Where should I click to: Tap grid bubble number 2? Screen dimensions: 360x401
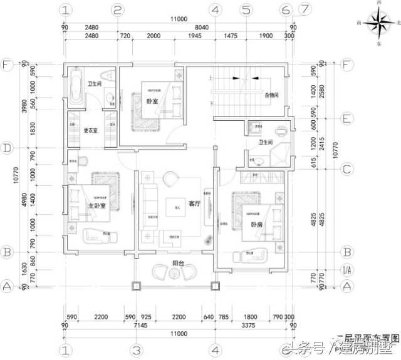click(x=117, y=10)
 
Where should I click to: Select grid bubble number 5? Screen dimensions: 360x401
click(x=246, y=10)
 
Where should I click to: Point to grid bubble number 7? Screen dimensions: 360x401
click(x=305, y=10)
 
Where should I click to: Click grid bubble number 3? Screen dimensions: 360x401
click(x=134, y=348)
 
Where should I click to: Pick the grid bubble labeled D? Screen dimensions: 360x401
click(x=8, y=149)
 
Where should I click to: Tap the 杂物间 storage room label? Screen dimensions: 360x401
click(x=272, y=95)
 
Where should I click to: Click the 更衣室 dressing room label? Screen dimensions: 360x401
click(x=91, y=130)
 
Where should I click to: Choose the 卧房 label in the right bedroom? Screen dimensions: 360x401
click(x=257, y=224)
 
